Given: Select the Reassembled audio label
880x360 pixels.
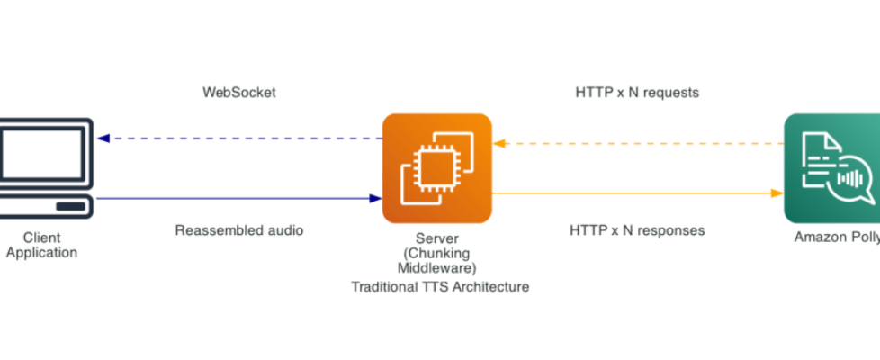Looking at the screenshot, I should [238, 230].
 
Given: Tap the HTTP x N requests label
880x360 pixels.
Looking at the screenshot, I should [637, 93].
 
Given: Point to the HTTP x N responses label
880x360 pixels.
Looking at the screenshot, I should [637, 230].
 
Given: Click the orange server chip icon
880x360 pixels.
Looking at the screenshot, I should [436, 168].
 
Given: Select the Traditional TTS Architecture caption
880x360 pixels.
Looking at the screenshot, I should [440, 287].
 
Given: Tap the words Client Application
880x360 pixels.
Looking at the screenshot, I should [41, 246].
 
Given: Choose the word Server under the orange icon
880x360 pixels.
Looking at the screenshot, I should [436, 239].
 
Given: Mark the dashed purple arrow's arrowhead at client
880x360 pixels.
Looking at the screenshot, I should [103, 139].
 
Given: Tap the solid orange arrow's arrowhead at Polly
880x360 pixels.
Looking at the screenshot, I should [777, 193].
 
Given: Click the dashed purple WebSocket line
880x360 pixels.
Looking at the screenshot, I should [243, 139].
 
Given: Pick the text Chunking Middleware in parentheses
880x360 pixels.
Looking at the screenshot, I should [436, 260].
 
